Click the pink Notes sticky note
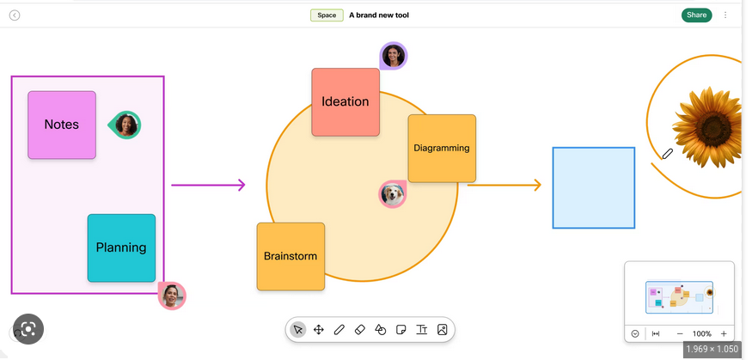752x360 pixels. (x=62, y=125)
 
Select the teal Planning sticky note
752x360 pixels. (x=121, y=247)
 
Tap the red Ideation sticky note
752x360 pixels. (x=345, y=102)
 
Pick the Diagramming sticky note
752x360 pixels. (x=442, y=148)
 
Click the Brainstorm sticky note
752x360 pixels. (x=290, y=256)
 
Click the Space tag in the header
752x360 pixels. (x=327, y=15)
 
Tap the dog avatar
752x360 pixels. (x=393, y=194)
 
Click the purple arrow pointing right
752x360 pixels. (x=208, y=185)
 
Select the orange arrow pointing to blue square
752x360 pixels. (x=504, y=185)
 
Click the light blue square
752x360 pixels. (x=594, y=188)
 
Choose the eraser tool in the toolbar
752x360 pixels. (x=360, y=330)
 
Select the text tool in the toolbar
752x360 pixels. (x=422, y=330)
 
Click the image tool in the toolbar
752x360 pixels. (x=443, y=330)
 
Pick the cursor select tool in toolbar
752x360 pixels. (x=298, y=330)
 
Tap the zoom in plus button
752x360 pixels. (x=724, y=333)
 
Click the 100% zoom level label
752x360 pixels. (x=701, y=333)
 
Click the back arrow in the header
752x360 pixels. (x=15, y=15)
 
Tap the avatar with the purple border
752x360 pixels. (x=394, y=56)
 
